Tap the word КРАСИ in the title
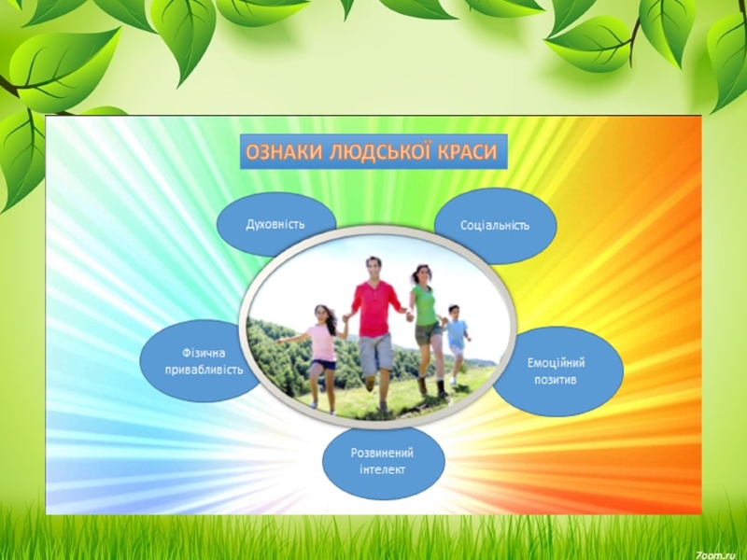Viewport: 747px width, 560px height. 468,152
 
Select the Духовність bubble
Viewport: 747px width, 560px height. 275,225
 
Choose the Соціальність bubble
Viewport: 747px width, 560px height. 496,226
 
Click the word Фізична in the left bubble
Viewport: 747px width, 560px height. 204,354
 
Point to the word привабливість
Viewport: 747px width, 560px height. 204,370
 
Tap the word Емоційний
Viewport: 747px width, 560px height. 556,363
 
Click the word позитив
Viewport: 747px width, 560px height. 556,380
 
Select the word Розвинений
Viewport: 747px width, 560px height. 382,453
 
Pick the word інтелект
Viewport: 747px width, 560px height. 382,469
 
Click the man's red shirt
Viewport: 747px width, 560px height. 374,309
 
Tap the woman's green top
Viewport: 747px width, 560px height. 424,305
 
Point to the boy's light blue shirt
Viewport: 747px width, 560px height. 457,333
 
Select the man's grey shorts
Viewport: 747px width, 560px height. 375,353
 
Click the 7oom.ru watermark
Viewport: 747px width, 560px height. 720,553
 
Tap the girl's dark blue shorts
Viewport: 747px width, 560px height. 323,365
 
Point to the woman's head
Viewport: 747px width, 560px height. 421,274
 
